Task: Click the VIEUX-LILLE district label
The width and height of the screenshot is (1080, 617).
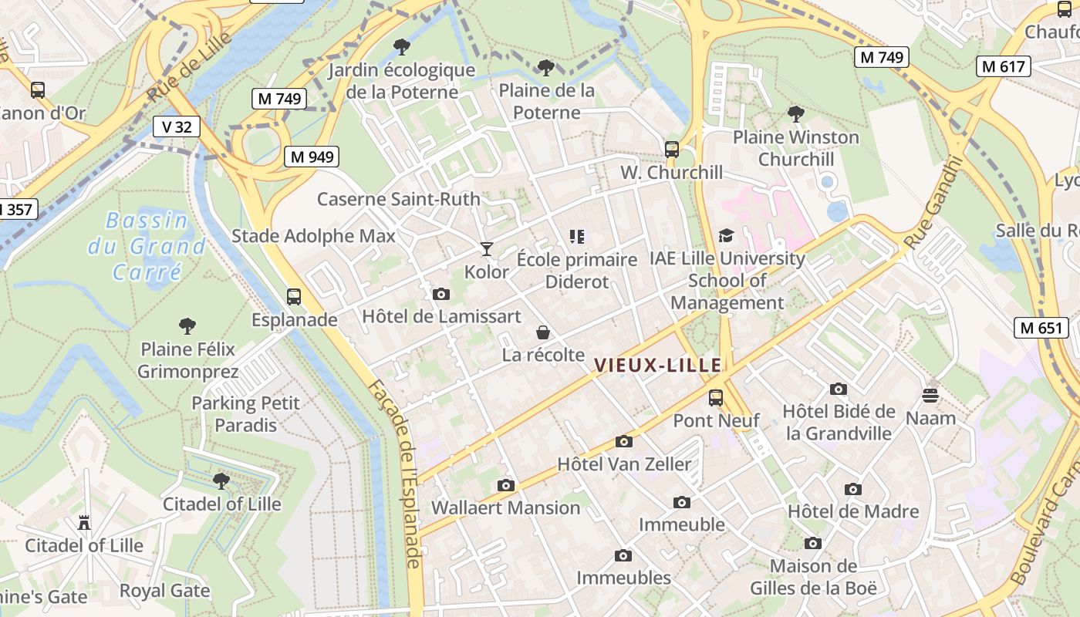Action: point(658,366)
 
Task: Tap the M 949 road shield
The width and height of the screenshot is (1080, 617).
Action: point(312,157)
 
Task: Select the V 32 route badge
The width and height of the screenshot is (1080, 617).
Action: point(177,126)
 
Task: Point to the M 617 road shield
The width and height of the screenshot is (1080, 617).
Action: point(1004,66)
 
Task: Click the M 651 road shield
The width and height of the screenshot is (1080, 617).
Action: point(1041,327)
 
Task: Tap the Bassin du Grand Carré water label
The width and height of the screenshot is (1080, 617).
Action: point(147,246)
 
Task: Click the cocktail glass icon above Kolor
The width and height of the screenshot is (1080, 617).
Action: point(486,248)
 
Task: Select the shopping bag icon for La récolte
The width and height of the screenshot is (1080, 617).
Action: point(543,332)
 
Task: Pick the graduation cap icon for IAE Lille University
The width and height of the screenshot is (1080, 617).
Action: point(726,235)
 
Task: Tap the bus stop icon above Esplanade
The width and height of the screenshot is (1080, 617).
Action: point(294,296)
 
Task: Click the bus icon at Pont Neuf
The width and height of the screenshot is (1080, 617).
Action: point(716,398)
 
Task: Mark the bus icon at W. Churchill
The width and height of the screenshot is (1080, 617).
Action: point(672,150)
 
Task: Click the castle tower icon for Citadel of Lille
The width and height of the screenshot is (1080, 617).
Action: point(84,523)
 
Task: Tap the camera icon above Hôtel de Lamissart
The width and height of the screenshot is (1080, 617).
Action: point(441,294)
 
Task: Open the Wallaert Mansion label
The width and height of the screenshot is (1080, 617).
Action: point(505,507)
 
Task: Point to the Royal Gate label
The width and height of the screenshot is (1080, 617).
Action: point(164,591)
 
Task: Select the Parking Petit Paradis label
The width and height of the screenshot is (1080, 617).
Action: point(246,414)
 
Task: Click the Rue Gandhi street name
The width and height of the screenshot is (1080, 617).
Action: point(934,204)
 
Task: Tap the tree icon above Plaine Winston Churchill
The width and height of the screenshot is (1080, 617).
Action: point(796,114)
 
